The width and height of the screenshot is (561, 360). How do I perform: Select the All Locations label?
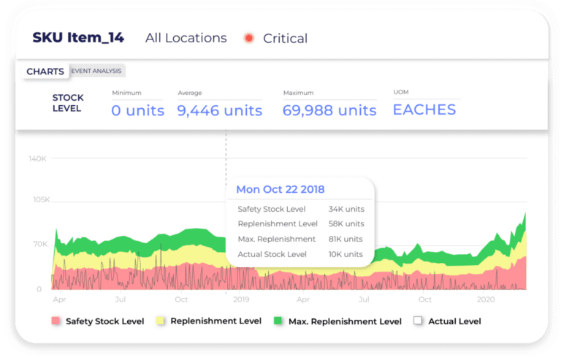186,38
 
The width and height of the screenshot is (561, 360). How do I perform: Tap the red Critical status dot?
249,38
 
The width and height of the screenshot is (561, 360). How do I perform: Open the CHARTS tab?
45,72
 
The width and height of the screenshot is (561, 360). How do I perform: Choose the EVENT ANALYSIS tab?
96,71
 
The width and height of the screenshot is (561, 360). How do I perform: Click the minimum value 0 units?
137,110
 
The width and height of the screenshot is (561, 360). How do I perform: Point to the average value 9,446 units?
219,110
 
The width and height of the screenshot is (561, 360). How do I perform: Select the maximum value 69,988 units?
329,110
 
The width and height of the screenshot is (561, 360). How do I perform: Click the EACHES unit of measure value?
424,110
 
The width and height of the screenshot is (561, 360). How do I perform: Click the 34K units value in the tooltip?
346,209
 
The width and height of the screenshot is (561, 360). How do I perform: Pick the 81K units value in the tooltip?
346,239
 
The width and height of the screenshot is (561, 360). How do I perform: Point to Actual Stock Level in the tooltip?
272,254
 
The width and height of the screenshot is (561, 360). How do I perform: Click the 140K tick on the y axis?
38,158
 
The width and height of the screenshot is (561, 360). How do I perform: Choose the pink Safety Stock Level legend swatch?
56,321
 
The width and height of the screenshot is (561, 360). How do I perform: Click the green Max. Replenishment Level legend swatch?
278,321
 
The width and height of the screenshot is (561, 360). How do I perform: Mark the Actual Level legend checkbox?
418,321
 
